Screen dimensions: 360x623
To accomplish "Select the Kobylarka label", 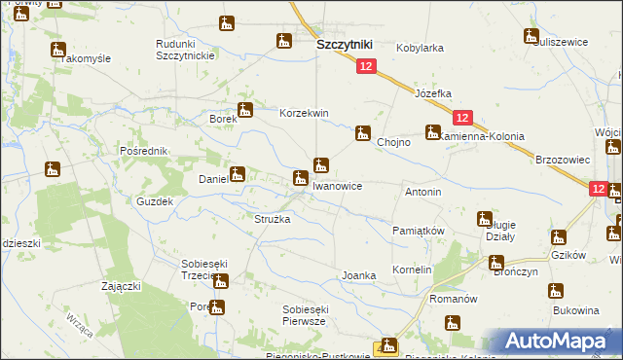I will pos(420,47).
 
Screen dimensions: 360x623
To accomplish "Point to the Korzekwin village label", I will pos(304,113).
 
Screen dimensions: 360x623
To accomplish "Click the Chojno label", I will pos(393,142).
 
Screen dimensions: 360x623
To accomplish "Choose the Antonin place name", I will pos(423,193).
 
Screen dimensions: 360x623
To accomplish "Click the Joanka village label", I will pos(358,275).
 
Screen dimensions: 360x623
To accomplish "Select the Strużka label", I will pos(273,220).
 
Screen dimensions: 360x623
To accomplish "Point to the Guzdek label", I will pos(155,201).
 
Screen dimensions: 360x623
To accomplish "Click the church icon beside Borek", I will pos(245,111).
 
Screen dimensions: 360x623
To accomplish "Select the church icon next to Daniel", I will pos(236,174).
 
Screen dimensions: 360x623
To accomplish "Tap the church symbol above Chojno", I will pos(363,132).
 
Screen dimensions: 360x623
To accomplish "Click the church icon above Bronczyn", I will pos(496,262).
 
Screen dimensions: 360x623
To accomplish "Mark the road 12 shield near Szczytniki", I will pos(365,66).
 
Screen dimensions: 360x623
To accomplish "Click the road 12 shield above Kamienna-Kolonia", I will pos(462,117).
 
